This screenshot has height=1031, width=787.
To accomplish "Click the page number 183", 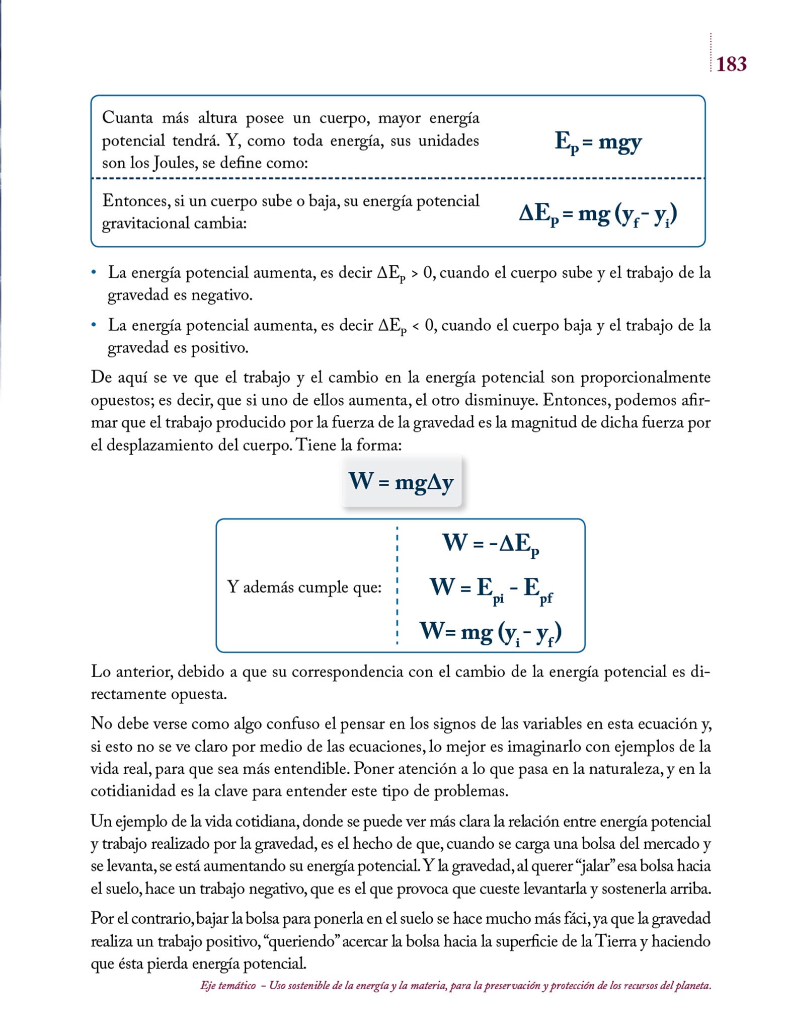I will click(x=731, y=64).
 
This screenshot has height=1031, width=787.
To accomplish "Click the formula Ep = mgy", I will click(x=598, y=142).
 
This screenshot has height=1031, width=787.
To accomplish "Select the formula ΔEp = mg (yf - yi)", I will click(x=598, y=215).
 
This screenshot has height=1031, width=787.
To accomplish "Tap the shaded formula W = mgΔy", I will click(x=401, y=481).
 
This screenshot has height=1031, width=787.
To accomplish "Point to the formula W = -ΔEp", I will click(x=491, y=544).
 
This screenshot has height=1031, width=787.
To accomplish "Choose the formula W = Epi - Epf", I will click(x=491, y=587).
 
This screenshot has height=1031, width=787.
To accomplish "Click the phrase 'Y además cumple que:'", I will click(x=304, y=587).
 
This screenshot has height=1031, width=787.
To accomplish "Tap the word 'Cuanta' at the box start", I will click(x=127, y=118).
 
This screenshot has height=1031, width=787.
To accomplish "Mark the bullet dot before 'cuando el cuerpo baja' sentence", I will click(x=94, y=325).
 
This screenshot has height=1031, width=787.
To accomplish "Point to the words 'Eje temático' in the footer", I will click(x=228, y=986).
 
